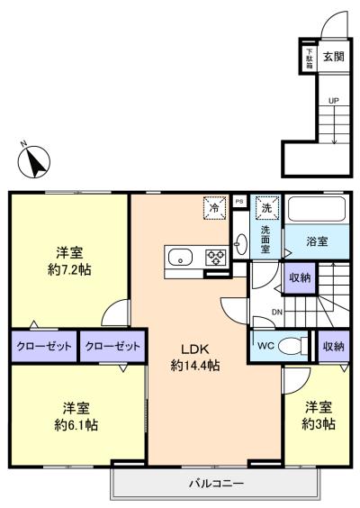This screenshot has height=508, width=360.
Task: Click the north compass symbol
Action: coord(34,161)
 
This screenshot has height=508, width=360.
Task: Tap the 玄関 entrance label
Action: coord(334,57)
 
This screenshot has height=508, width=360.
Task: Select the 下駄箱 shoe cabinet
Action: coord(310,58)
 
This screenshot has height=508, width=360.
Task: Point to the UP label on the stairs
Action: coord(334,101)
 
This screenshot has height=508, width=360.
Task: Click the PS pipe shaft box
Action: coord(239,202)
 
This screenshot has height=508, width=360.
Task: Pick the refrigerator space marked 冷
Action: coord(214,208)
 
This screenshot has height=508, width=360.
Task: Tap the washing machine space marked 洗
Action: coord(266,207)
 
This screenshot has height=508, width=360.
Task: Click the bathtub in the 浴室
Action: coord(316,209)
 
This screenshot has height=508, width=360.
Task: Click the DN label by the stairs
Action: coord(277,313)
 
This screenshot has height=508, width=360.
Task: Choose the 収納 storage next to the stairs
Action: coord(300,278)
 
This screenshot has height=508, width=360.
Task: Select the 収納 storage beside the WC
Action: coord(334,346)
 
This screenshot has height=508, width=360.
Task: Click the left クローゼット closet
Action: coord(44,346)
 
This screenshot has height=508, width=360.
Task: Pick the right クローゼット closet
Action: coord(112,346)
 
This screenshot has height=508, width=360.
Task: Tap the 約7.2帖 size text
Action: coord(69,269)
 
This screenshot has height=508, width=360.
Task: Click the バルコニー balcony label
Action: coord(216,484)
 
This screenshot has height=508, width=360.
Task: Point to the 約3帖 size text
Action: coord(319,423)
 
